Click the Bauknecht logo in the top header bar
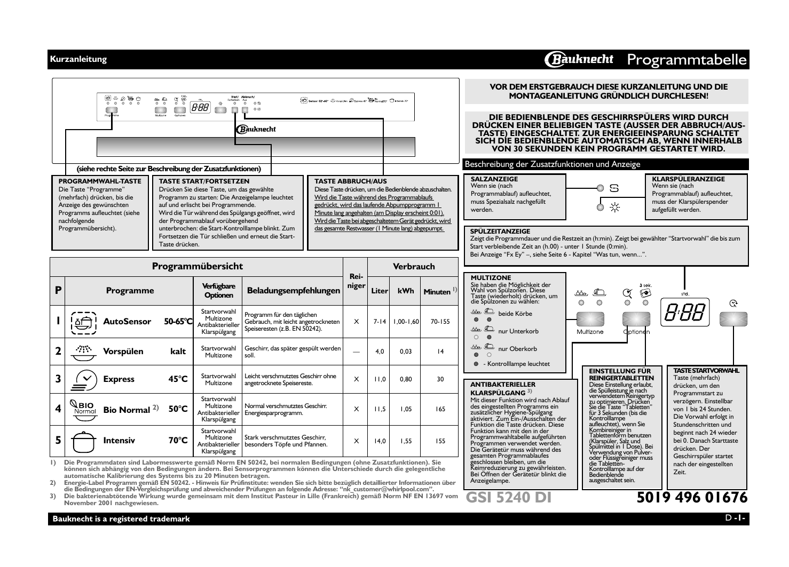click(580, 60)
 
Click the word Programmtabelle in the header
click(687, 60)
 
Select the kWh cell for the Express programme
click(406, 379)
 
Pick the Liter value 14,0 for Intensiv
click(380, 441)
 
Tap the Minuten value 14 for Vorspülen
click(440, 352)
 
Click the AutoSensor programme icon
click(83, 322)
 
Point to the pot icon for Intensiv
click(83, 441)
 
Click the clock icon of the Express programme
click(83, 379)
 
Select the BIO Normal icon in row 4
click(83, 409)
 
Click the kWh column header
click(406, 291)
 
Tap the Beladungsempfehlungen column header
click(293, 291)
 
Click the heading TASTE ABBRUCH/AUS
click(350, 181)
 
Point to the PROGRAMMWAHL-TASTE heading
click(100, 181)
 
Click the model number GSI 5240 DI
click(508, 497)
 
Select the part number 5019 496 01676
click(692, 497)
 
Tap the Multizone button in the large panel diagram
click(590, 319)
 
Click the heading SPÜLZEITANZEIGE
click(500, 231)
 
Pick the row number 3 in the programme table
click(58, 379)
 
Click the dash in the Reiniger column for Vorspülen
click(356, 352)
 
